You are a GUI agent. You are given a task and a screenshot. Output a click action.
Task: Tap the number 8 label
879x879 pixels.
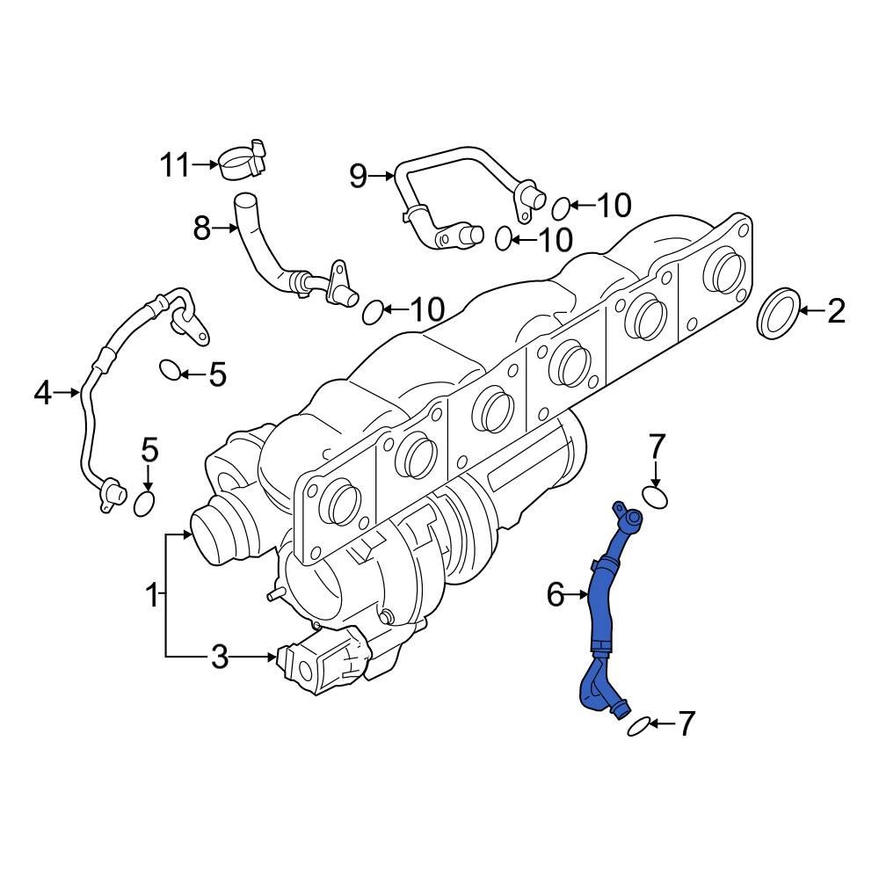tap(202, 229)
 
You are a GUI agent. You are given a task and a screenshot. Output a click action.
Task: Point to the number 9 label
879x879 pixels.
tap(358, 177)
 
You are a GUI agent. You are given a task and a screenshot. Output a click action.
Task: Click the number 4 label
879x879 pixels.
tap(43, 394)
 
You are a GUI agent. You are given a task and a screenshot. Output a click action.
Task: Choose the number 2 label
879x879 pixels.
tap(836, 310)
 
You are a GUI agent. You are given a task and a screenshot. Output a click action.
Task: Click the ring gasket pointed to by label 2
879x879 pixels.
tap(778, 312)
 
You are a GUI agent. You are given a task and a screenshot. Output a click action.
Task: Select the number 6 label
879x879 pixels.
tap(555, 596)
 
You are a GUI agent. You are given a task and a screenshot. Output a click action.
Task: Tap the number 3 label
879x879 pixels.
tap(219, 657)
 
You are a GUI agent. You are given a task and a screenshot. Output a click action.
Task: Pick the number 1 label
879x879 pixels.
tap(152, 596)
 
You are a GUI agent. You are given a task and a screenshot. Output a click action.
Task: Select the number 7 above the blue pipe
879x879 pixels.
tap(657, 446)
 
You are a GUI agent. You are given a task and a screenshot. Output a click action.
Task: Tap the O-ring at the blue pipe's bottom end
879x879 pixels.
tap(639, 725)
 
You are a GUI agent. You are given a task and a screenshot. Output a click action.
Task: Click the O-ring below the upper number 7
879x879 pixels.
tap(656, 498)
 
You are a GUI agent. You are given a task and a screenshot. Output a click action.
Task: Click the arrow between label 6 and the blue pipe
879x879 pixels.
tap(577, 596)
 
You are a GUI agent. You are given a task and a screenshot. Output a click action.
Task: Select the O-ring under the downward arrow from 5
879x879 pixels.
tap(146, 503)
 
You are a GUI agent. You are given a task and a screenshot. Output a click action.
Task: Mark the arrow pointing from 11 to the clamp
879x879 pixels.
tap(205, 164)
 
